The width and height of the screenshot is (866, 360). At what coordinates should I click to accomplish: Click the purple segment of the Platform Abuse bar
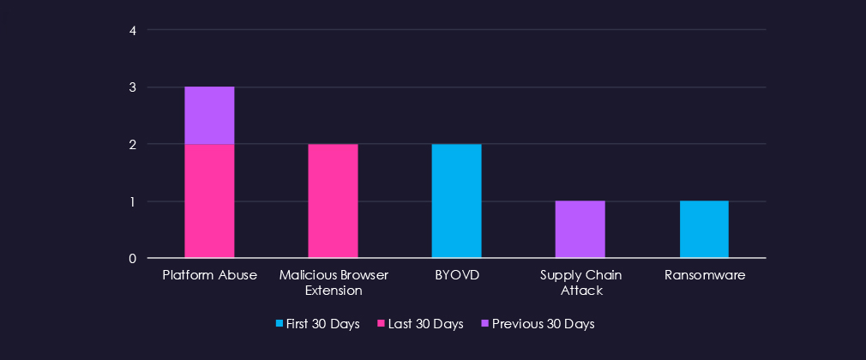coord(209,116)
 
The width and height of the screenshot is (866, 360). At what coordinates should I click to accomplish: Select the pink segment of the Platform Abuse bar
coord(209,201)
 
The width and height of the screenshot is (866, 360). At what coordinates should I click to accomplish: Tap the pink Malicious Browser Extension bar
coord(333,201)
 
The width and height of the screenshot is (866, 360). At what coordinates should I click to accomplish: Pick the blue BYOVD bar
coord(456,201)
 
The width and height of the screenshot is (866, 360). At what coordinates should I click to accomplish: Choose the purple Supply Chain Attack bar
coord(580,229)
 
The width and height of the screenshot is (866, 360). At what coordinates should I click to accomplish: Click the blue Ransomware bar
coord(704,229)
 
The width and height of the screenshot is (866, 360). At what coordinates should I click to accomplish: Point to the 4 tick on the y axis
coord(133,31)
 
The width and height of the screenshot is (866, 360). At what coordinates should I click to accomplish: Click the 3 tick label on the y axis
coord(133,87)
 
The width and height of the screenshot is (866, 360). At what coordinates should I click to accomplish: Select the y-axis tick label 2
coord(133,145)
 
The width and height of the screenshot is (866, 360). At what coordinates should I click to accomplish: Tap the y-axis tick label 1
coord(133,201)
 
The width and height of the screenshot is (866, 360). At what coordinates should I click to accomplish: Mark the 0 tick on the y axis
coord(133,258)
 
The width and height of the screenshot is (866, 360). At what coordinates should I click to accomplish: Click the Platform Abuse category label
coord(209,275)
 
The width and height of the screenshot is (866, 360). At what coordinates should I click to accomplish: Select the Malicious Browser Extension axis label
coord(333,283)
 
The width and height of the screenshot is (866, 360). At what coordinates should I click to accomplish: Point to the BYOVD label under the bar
coord(456,275)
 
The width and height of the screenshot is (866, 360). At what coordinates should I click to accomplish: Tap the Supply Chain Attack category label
coord(580,283)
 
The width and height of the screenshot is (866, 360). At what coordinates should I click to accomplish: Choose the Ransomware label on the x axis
coord(704,275)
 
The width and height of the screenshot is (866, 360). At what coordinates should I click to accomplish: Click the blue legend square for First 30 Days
coord(280,324)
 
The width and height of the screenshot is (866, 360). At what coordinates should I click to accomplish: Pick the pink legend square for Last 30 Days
coord(381,324)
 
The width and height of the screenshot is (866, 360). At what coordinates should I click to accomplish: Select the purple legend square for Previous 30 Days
coord(485,324)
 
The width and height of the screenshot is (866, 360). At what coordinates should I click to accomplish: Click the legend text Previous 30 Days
coord(543,324)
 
